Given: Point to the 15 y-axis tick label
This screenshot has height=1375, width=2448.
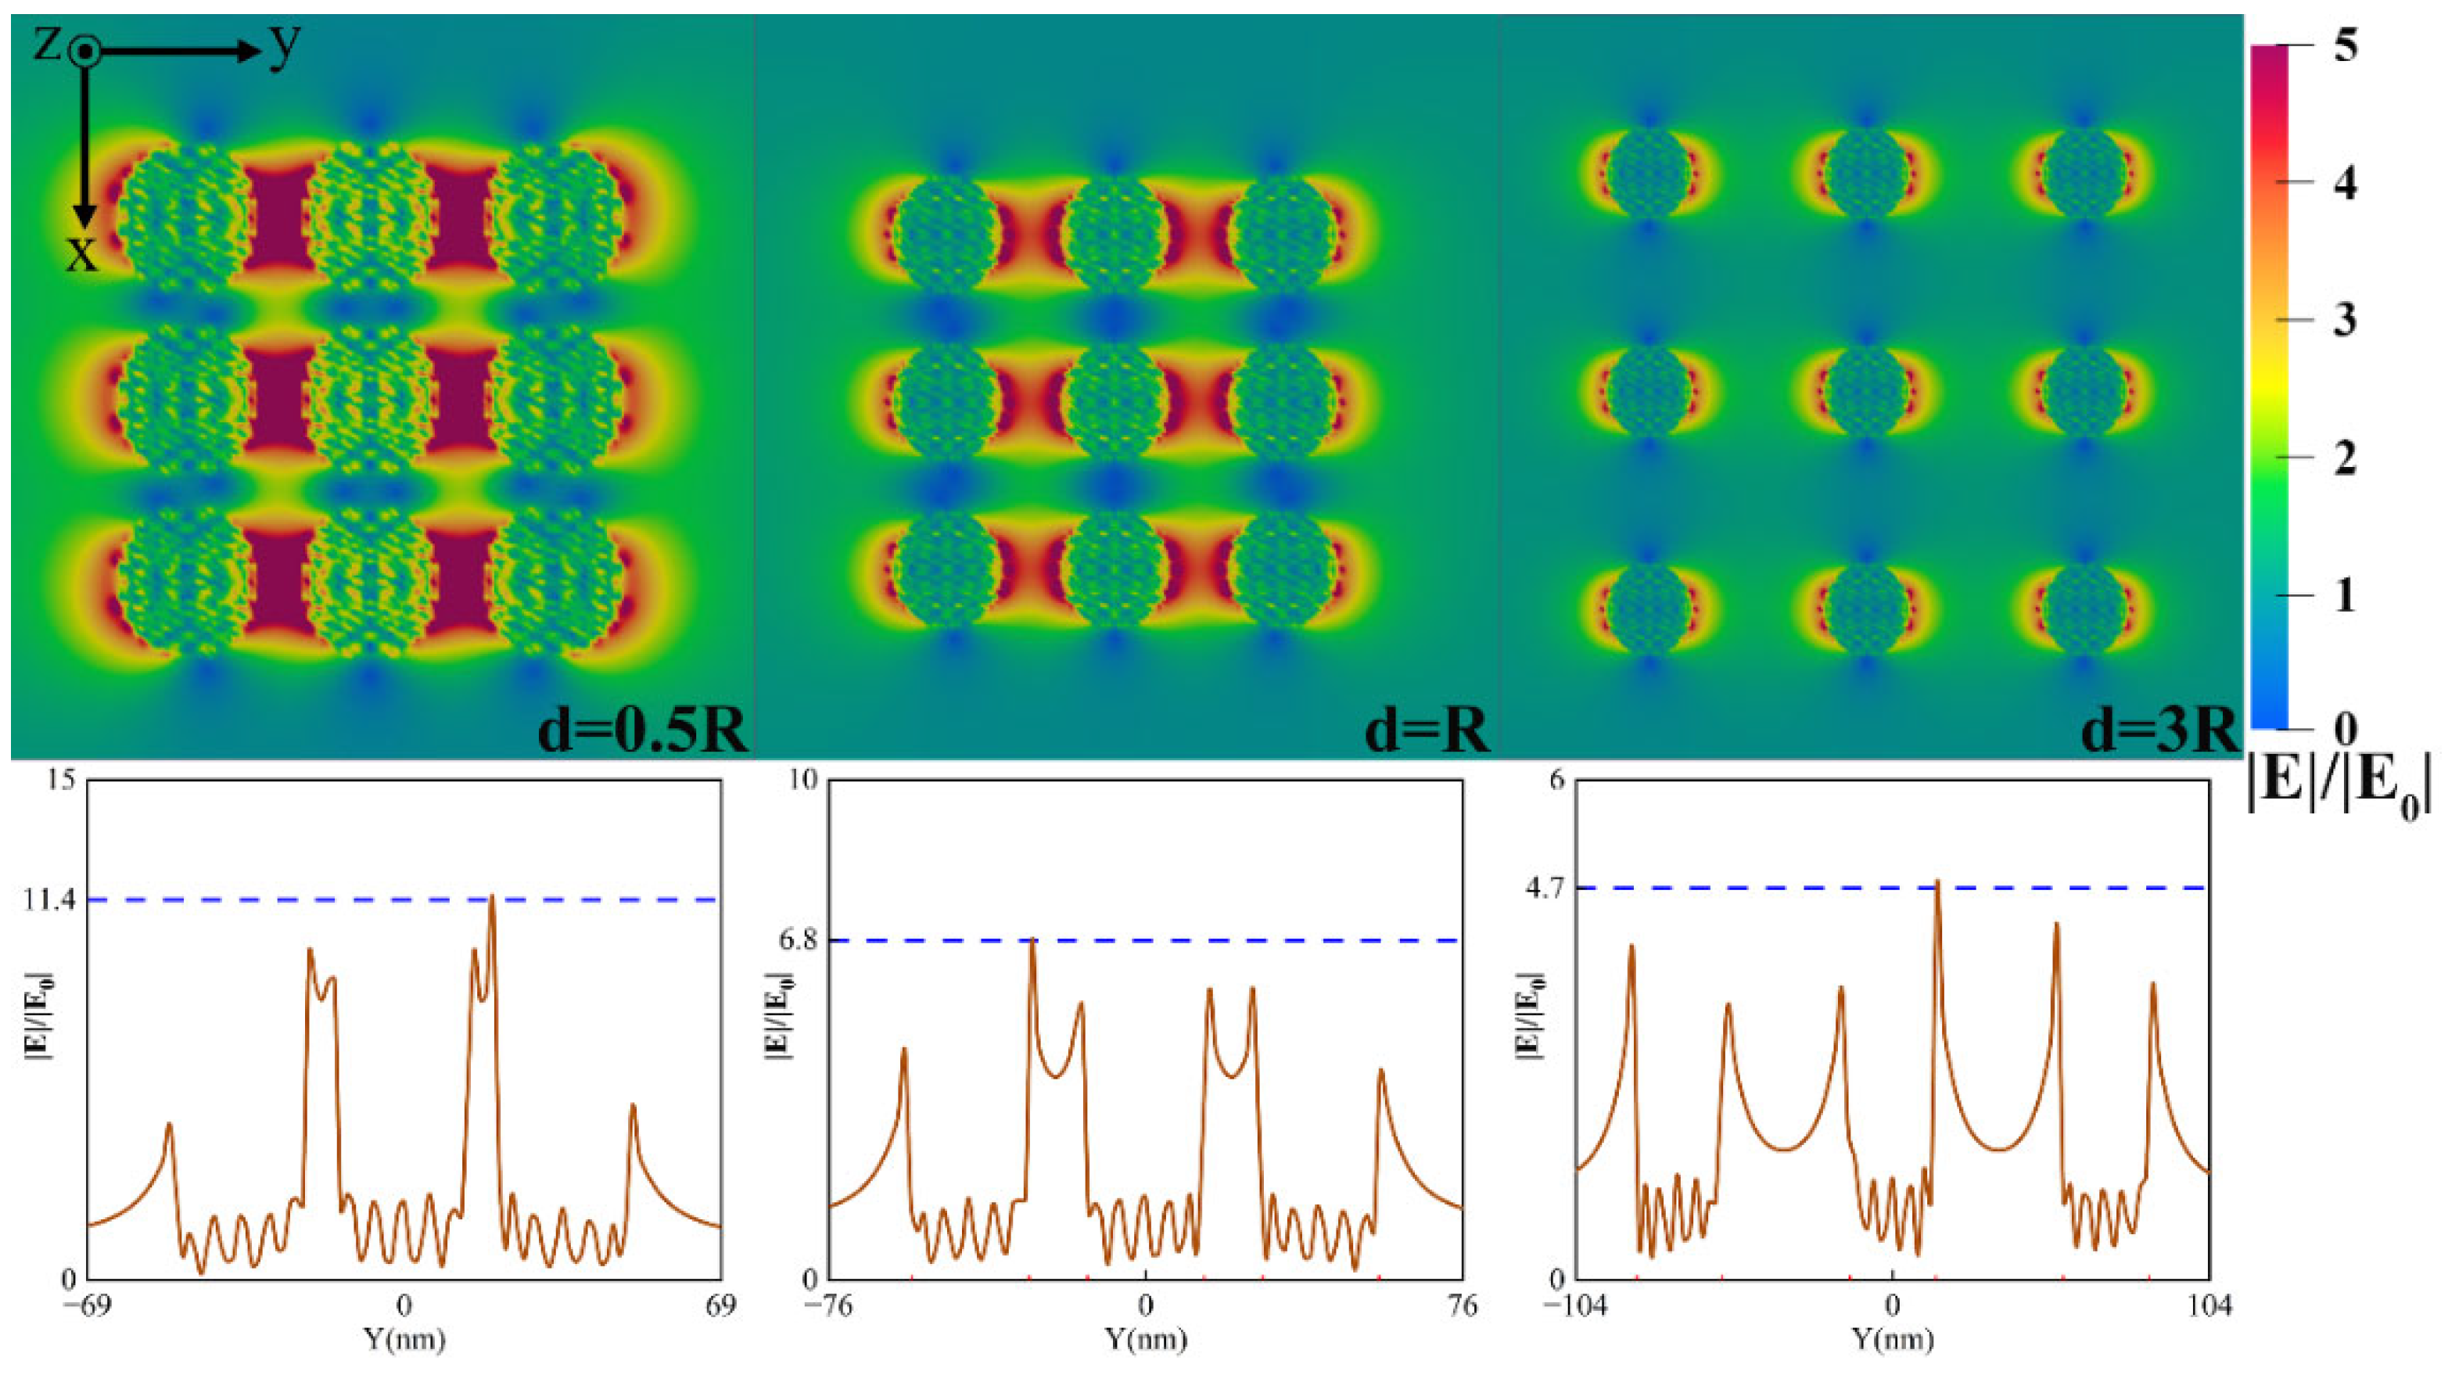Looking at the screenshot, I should [59, 780].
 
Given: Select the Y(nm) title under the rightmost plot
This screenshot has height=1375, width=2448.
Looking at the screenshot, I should [1892, 1340].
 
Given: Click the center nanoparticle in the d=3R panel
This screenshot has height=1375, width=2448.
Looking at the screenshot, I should [1866, 390].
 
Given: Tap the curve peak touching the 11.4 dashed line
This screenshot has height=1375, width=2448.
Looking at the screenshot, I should [491, 898].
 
